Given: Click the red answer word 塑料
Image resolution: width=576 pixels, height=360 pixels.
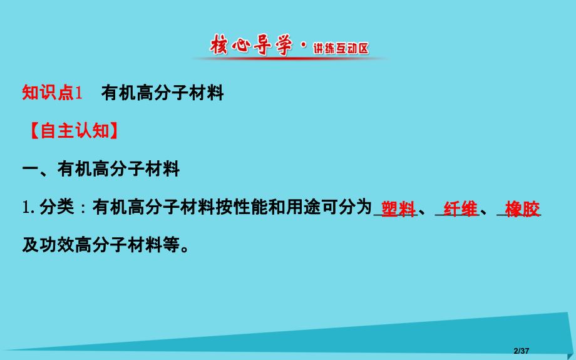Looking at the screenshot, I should point(398,209).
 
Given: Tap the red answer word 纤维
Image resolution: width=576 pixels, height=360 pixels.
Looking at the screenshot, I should point(460,209).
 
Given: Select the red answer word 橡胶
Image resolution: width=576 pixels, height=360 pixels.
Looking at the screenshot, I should point(522,209).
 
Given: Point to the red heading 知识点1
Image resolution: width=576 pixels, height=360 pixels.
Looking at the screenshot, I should point(53,94).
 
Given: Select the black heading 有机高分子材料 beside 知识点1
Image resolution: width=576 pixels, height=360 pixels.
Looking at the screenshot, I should point(162,94).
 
